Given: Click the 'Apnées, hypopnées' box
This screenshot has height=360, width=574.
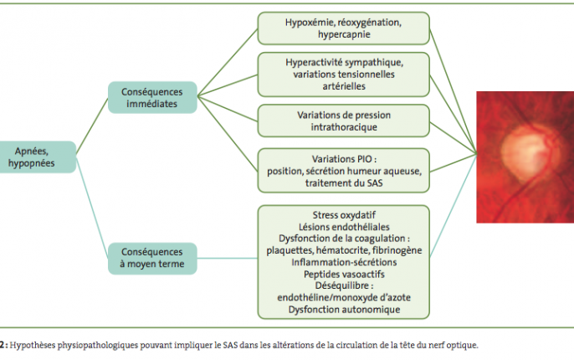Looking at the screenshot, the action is pyautogui.click(x=37, y=157).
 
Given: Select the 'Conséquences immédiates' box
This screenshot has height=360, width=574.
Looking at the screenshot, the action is pyautogui.click(x=152, y=97).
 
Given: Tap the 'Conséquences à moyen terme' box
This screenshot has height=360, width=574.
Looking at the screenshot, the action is pyautogui.click(x=152, y=258).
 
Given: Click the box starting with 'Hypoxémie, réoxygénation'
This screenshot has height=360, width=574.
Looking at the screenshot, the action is pyautogui.click(x=343, y=28).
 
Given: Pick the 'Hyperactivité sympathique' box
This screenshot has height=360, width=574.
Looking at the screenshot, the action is pyautogui.click(x=343, y=75).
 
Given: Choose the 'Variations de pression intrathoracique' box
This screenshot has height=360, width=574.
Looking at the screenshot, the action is pyautogui.click(x=343, y=121).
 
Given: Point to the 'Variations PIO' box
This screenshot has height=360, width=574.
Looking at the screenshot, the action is pyautogui.click(x=343, y=170).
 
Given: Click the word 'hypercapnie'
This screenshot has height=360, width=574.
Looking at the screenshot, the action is pyautogui.click(x=344, y=34).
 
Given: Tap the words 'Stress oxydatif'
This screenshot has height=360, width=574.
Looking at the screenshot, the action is pyautogui.click(x=344, y=215).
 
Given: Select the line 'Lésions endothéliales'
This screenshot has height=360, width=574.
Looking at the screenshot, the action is pyautogui.click(x=344, y=227).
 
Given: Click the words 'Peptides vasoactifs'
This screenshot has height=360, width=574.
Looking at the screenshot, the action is pyautogui.click(x=344, y=274).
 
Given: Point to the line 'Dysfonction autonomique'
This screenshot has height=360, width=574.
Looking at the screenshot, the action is pyautogui.click(x=344, y=310).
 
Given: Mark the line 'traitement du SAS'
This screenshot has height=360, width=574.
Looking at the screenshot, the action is pyautogui.click(x=344, y=183).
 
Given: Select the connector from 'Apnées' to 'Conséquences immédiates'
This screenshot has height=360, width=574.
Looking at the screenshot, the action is pyautogui.click(x=92, y=126).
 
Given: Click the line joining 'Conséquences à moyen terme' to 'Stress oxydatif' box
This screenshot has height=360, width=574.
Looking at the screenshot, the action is pyautogui.click(x=228, y=258).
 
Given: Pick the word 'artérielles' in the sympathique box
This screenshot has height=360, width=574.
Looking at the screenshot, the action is pyautogui.click(x=344, y=86).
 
